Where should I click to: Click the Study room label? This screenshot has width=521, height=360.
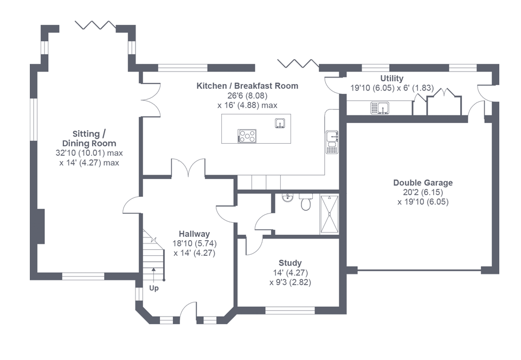coord(290,263)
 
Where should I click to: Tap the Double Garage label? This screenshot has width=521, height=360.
coord(423,183)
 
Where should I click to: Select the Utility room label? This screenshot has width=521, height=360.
coord(392,79)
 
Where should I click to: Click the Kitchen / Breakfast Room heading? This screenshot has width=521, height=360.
coord(247,86)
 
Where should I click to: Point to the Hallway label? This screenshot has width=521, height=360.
coord(195,234)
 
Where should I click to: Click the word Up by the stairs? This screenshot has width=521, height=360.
coord(154,288)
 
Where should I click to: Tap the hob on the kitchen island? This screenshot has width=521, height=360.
coord(247,136)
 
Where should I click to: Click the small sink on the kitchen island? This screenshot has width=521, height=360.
coord(280,123)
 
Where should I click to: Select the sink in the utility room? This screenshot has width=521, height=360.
coord(380,108)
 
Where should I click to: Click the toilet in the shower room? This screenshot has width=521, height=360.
coord(306,202)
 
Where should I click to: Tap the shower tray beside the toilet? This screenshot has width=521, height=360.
coord(329,214)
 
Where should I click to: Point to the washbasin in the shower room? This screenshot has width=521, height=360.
coord(288,198)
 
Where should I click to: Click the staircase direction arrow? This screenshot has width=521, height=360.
coord(153,274)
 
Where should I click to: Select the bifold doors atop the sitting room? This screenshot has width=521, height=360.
coord(95,25)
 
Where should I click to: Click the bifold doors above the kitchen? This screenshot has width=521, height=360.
coord(298,63)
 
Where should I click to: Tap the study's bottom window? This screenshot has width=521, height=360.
coord(290,311)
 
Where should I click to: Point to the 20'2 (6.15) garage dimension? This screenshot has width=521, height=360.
coord(423,192)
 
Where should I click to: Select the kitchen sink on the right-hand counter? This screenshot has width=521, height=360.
coord(332,142)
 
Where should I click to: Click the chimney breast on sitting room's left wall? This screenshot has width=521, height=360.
coord(41,227)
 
